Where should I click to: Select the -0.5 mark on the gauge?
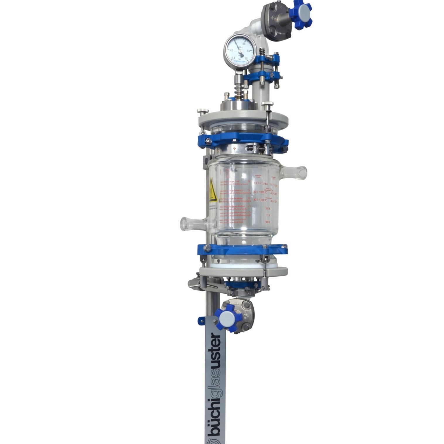tap(232, 50)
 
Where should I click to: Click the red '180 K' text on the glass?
tap(267, 208)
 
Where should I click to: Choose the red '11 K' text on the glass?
tap(268, 215)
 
